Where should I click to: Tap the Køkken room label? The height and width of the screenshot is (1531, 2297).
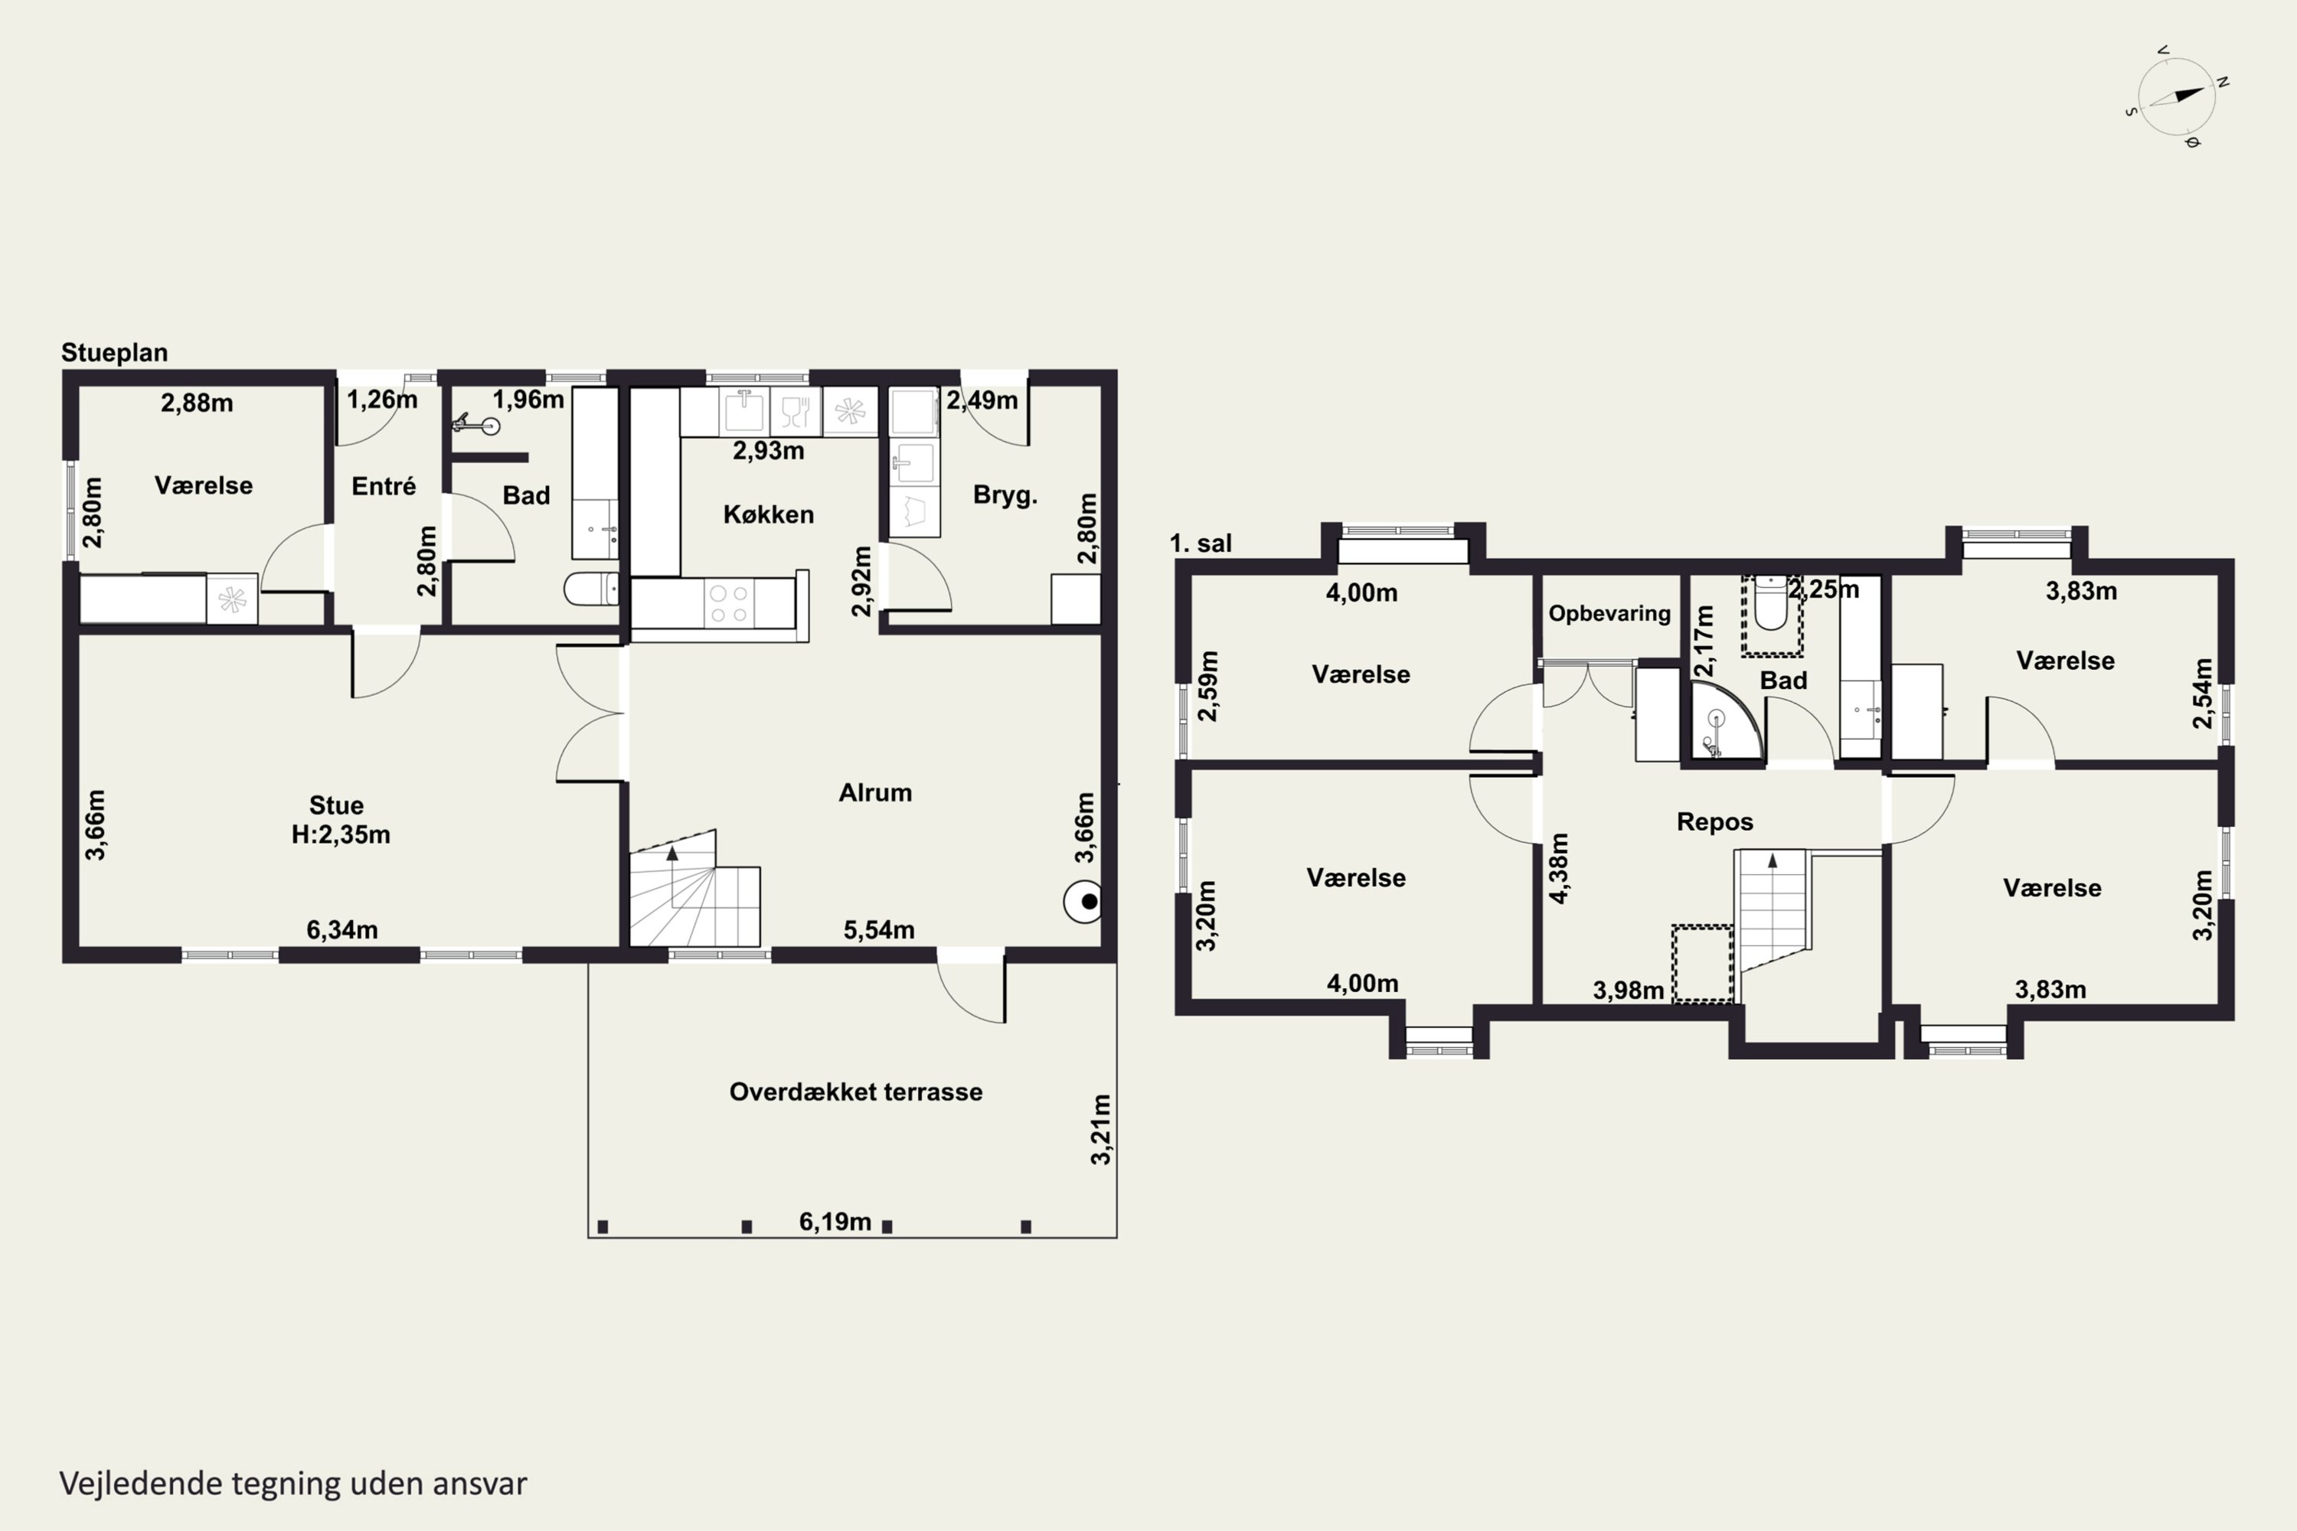click(x=769, y=514)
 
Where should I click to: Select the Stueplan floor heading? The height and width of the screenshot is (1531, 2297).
click(x=114, y=352)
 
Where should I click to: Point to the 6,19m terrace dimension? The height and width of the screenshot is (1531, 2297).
click(x=835, y=1222)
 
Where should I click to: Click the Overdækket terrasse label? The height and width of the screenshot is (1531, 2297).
click(x=855, y=1092)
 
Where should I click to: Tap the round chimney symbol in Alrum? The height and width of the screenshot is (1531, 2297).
click(x=1083, y=901)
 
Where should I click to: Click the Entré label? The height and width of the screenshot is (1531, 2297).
click(x=384, y=486)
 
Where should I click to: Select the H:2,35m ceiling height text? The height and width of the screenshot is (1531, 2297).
click(x=341, y=835)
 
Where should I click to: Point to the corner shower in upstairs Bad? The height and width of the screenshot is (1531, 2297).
click(x=1726, y=720)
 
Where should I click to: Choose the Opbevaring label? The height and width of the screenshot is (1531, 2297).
click(x=1609, y=613)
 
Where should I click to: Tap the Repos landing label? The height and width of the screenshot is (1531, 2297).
click(x=1715, y=822)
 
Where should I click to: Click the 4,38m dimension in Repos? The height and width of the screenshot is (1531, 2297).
click(x=1559, y=868)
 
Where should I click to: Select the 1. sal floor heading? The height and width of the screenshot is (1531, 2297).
click(x=1201, y=543)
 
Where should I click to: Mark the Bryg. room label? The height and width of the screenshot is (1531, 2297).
click(x=1005, y=495)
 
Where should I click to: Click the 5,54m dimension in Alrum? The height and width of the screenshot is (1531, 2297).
click(x=879, y=929)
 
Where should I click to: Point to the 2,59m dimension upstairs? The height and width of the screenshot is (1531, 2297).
click(x=1208, y=685)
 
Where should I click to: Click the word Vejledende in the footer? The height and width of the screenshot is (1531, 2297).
click(x=141, y=1484)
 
